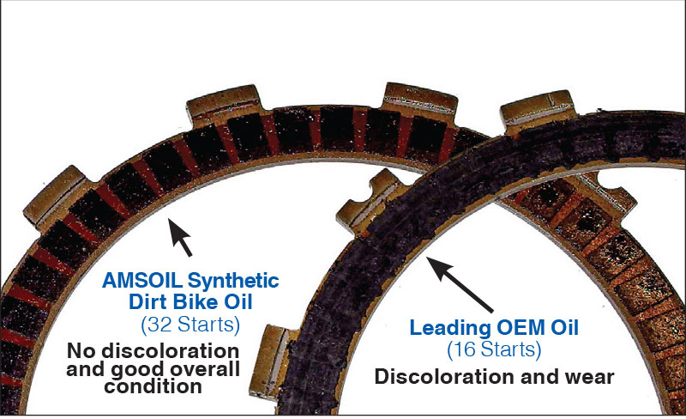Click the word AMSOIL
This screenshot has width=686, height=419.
coord(141,281)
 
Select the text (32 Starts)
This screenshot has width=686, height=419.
coord(190,325)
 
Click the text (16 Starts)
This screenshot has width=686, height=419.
coord(494,349)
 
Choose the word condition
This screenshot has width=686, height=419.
coord(153,386)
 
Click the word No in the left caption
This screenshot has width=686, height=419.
coord(81,350)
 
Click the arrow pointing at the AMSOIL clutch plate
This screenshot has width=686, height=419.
coord(180,237)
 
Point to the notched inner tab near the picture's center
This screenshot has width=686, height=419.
coord(367,202)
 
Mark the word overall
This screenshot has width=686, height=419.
coord(205,369)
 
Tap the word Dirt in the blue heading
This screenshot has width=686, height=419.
coord(148,302)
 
